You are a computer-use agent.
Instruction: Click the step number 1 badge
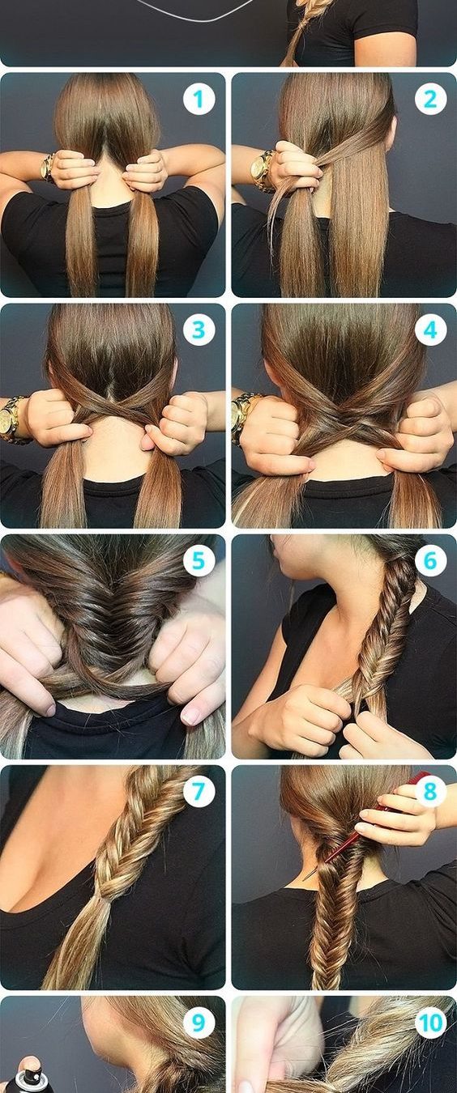point(199,99)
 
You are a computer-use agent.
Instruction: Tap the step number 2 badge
point(430,99)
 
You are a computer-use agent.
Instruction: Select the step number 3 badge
point(199,330)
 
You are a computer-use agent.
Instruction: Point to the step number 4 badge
point(430,330)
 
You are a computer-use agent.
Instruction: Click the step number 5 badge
point(199,560)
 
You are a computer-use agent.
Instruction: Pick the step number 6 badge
point(430,560)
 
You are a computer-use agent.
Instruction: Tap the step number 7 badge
point(199,792)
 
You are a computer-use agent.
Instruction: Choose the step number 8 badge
point(430,792)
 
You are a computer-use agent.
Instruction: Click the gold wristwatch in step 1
point(47,168)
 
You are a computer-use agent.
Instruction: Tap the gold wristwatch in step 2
point(262,171)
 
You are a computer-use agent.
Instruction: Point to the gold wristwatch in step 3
point(11,419)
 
